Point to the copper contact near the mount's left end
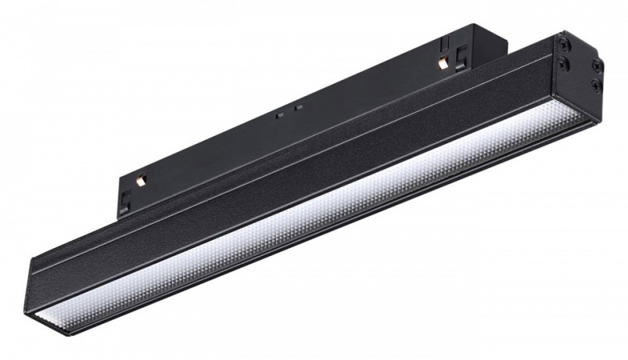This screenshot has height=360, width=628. [141, 181]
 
